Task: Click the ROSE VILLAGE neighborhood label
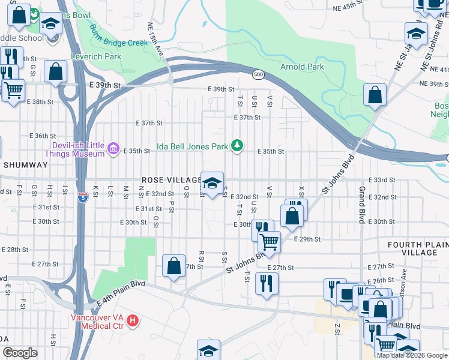pos(172,180)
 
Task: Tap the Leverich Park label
pos(97,57)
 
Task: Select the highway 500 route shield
pos(258,74)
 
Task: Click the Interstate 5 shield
pos(82,197)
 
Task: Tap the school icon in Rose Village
pos(212,184)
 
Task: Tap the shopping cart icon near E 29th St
pos(270,242)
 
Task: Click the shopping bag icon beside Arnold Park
pos(375,95)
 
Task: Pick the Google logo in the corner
pos(20,353)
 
